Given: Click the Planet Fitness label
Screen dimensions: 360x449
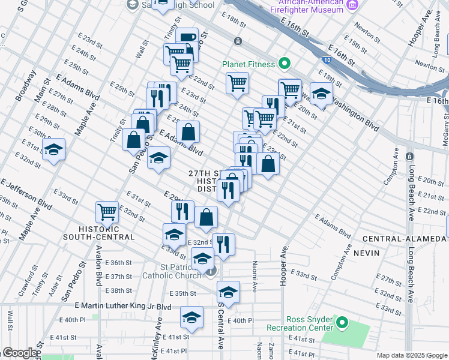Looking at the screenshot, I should click(x=248, y=64).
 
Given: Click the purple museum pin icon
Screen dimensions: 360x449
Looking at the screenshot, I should click(x=352, y=5).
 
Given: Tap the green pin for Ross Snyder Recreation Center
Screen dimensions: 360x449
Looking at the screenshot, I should click(x=342, y=323).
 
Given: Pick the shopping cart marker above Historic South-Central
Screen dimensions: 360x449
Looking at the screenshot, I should click(x=107, y=211).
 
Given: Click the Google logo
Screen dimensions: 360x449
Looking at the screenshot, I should click(x=19, y=353).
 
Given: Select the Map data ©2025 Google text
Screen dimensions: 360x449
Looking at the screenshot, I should click(x=412, y=355).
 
